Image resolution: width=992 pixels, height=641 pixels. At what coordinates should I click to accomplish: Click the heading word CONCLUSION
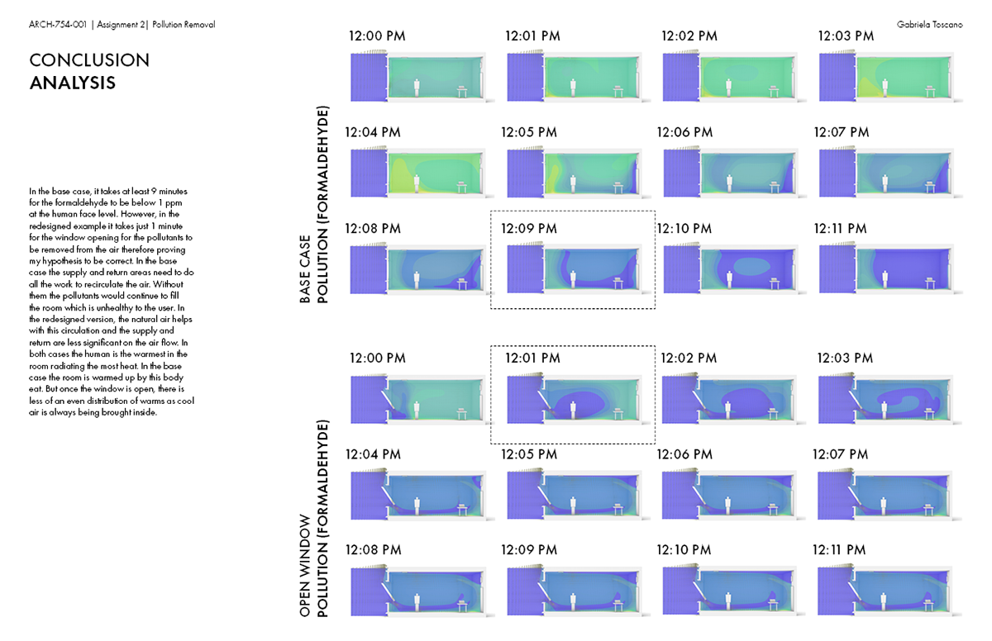click(x=89, y=60)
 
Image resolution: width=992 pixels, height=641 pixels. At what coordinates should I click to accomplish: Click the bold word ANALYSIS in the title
click(x=73, y=83)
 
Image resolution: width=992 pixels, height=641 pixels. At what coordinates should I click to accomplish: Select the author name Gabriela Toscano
click(x=929, y=25)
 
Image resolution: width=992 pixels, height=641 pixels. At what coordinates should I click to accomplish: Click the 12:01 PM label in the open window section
click(x=532, y=358)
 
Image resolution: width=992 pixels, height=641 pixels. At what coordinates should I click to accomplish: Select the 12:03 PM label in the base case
click(x=846, y=36)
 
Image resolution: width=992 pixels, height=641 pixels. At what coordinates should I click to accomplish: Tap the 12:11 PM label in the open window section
click(x=839, y=550)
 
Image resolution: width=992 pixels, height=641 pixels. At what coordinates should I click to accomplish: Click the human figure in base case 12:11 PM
click(x=886, y=278)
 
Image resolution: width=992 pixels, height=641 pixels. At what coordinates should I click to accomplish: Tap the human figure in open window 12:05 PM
click(x=574, y=505)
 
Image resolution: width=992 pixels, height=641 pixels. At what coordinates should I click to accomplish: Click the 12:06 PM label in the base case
click(x=684, y=132)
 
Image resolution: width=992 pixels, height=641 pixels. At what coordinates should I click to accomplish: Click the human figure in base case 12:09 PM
click(x=574, y=278)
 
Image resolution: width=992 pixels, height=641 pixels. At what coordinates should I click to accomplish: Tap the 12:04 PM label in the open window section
click(x=373, y=454)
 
